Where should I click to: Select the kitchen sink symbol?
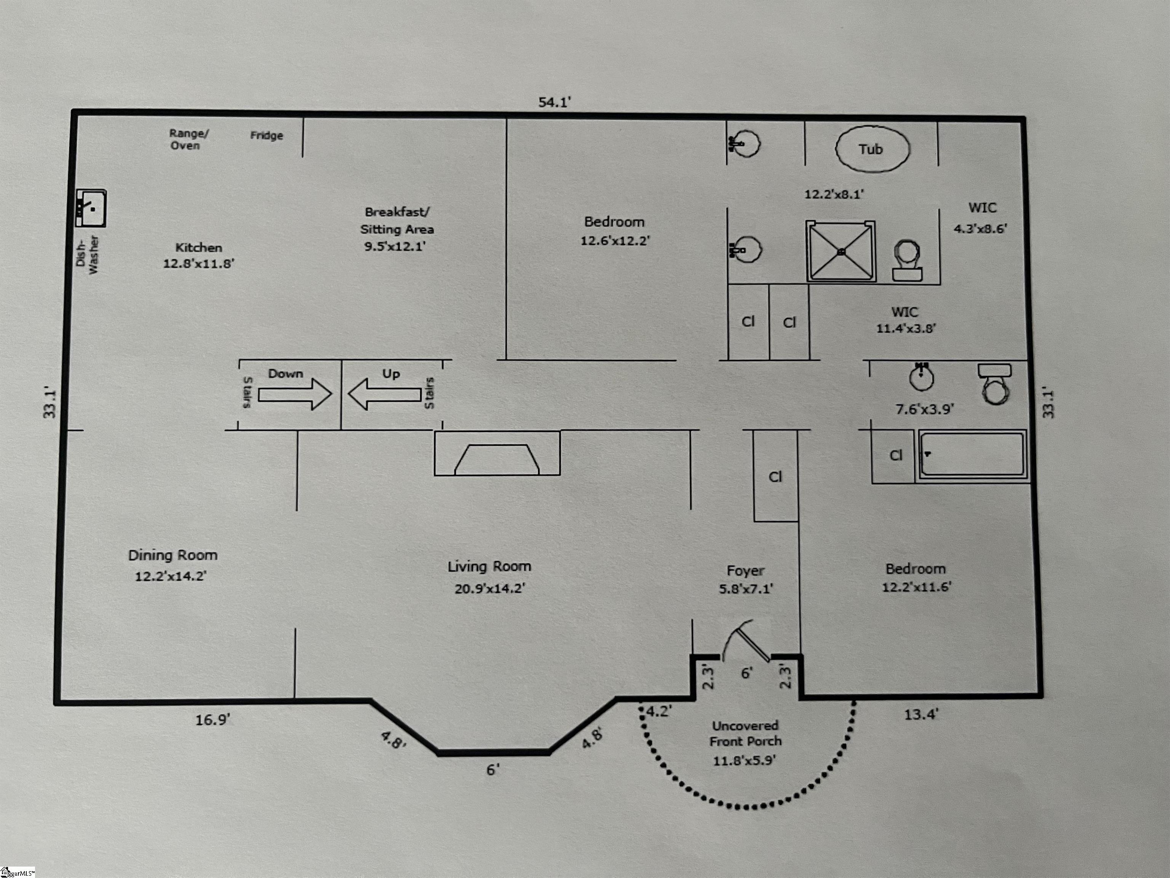pos(91,208)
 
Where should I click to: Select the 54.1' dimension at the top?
pos(554,102)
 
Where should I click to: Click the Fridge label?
pos(267,136)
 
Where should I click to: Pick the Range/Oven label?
pos(188,139)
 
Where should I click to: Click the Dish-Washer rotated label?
pos(87,255)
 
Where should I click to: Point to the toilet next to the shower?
pos(906,260)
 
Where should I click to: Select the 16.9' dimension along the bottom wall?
pos(213,720)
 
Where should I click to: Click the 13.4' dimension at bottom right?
pos(921,715)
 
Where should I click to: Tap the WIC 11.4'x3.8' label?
pos(905,320)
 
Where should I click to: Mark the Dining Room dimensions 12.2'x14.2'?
pos(170,576)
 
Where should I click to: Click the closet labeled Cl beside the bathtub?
pos(895,455)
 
